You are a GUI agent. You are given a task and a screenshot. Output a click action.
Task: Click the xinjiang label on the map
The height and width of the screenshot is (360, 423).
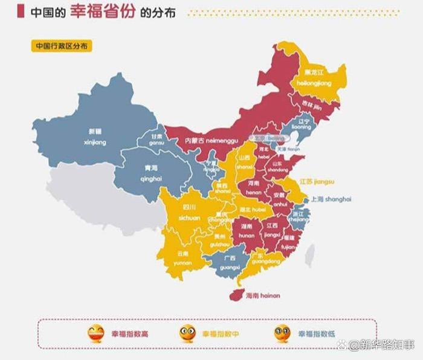coord(96,137)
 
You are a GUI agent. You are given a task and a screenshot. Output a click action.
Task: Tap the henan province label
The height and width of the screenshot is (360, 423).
coord(253,188)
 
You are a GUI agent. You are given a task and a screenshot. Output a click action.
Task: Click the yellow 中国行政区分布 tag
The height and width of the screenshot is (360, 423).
coord(63,46)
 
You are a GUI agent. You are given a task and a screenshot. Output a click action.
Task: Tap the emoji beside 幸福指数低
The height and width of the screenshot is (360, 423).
coord(282,333)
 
